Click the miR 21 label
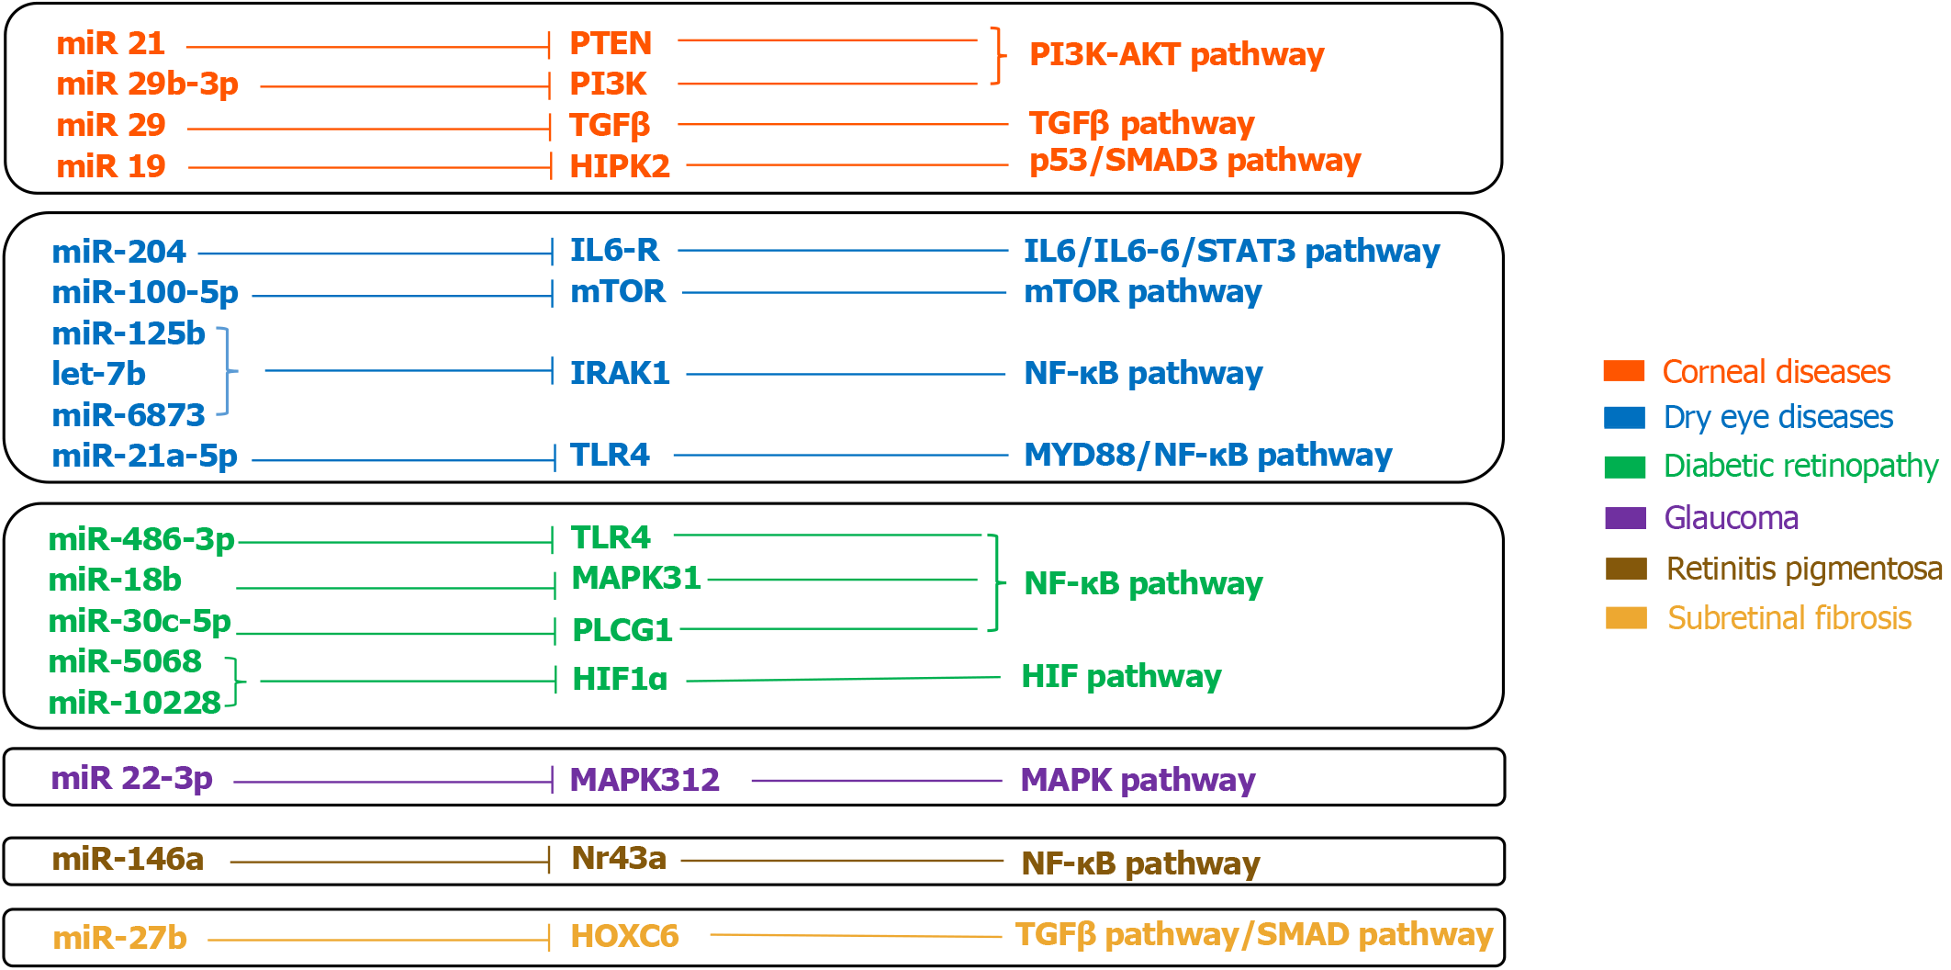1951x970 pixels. [x=110, y=43]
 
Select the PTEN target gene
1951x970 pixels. [x=610, y=43]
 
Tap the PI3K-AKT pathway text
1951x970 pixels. [x=1176, y=55]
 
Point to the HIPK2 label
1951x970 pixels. [x=620, y=166]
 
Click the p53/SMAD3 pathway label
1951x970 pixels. [x=1194, y=161]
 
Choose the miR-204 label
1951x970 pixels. [x=118, y=252]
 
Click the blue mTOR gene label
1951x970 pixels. [x=617, y=292]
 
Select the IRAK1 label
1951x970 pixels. [x=620, y=373]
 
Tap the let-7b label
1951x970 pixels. [x=98, y=374]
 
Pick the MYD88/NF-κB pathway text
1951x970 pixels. [x=1207, y=455]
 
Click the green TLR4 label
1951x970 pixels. [x=610, y=537]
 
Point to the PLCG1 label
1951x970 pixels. [x=622, y=630]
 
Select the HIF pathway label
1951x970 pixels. [x=1121, y=677]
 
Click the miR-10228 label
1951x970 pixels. [x=134, y=703]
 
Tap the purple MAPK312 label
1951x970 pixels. [x=645, y=780]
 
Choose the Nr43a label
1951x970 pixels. [x=619, y=858]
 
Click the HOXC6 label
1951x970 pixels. [x=624, y=936]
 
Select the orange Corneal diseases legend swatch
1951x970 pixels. [x=1623, y=371]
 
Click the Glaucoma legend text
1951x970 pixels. [x=1731, y=518]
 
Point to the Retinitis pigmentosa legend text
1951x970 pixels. [x=1803, y=569]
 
